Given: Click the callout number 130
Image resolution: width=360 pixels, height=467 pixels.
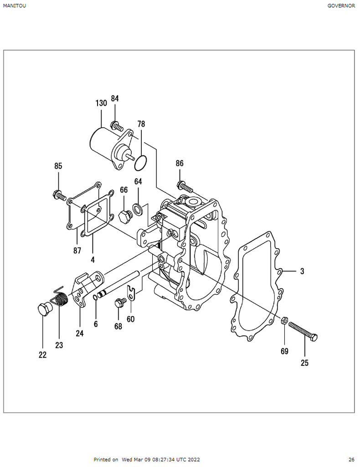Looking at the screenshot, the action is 101,103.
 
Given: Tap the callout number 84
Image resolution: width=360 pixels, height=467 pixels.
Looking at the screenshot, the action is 115,99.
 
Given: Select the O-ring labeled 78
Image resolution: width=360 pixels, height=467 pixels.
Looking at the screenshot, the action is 141,163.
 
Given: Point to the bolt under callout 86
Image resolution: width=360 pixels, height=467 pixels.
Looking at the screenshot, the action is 185,187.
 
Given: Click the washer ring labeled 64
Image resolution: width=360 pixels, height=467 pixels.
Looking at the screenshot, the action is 138,209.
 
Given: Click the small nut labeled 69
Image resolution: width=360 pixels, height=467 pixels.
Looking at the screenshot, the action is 284,320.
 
